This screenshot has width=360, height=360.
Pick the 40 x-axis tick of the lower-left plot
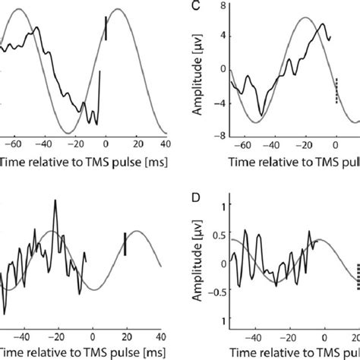tap(161, 339)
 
